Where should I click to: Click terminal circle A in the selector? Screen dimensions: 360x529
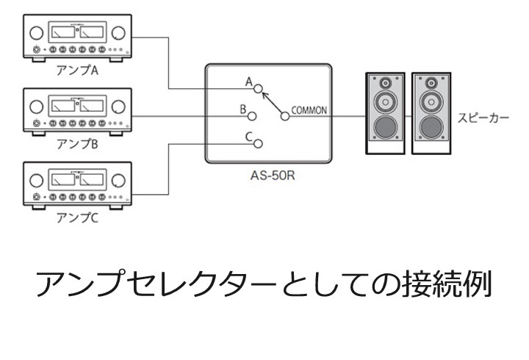258,89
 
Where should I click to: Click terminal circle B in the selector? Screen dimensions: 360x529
252,115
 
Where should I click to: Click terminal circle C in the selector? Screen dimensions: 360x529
258,143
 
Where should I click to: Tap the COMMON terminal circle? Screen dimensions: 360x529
284,115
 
